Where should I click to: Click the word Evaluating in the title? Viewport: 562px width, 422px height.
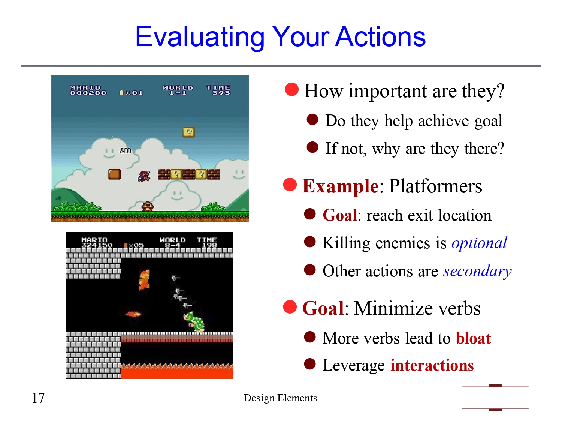[200, 37]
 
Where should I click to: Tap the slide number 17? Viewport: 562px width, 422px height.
[38, 398]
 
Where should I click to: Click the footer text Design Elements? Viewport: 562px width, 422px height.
[280, 398]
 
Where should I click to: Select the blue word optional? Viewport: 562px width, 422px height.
[479, 243]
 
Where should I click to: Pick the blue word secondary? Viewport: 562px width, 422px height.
[477, 271]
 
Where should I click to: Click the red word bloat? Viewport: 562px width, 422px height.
[473, 338]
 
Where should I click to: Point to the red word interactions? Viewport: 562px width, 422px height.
[432, 365]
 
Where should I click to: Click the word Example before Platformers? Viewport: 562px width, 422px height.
[340, 186]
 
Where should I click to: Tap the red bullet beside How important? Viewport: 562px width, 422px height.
[291, 89]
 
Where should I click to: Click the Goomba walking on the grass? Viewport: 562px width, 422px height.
[148, 206]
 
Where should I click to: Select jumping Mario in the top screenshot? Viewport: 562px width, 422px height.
[144, 176]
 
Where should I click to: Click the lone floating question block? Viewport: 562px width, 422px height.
[188, 132]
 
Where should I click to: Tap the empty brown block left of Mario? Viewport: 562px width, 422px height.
[114, 174]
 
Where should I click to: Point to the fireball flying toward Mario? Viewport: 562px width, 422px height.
[133, 314]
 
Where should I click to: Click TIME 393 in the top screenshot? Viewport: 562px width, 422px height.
[218, 90]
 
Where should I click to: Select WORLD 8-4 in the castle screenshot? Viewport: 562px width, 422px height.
[172, 242]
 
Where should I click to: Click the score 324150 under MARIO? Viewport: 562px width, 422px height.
[97, 245]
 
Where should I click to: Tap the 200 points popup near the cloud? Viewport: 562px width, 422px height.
[125, 150]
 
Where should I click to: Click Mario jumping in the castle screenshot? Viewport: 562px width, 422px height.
[144, 280]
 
